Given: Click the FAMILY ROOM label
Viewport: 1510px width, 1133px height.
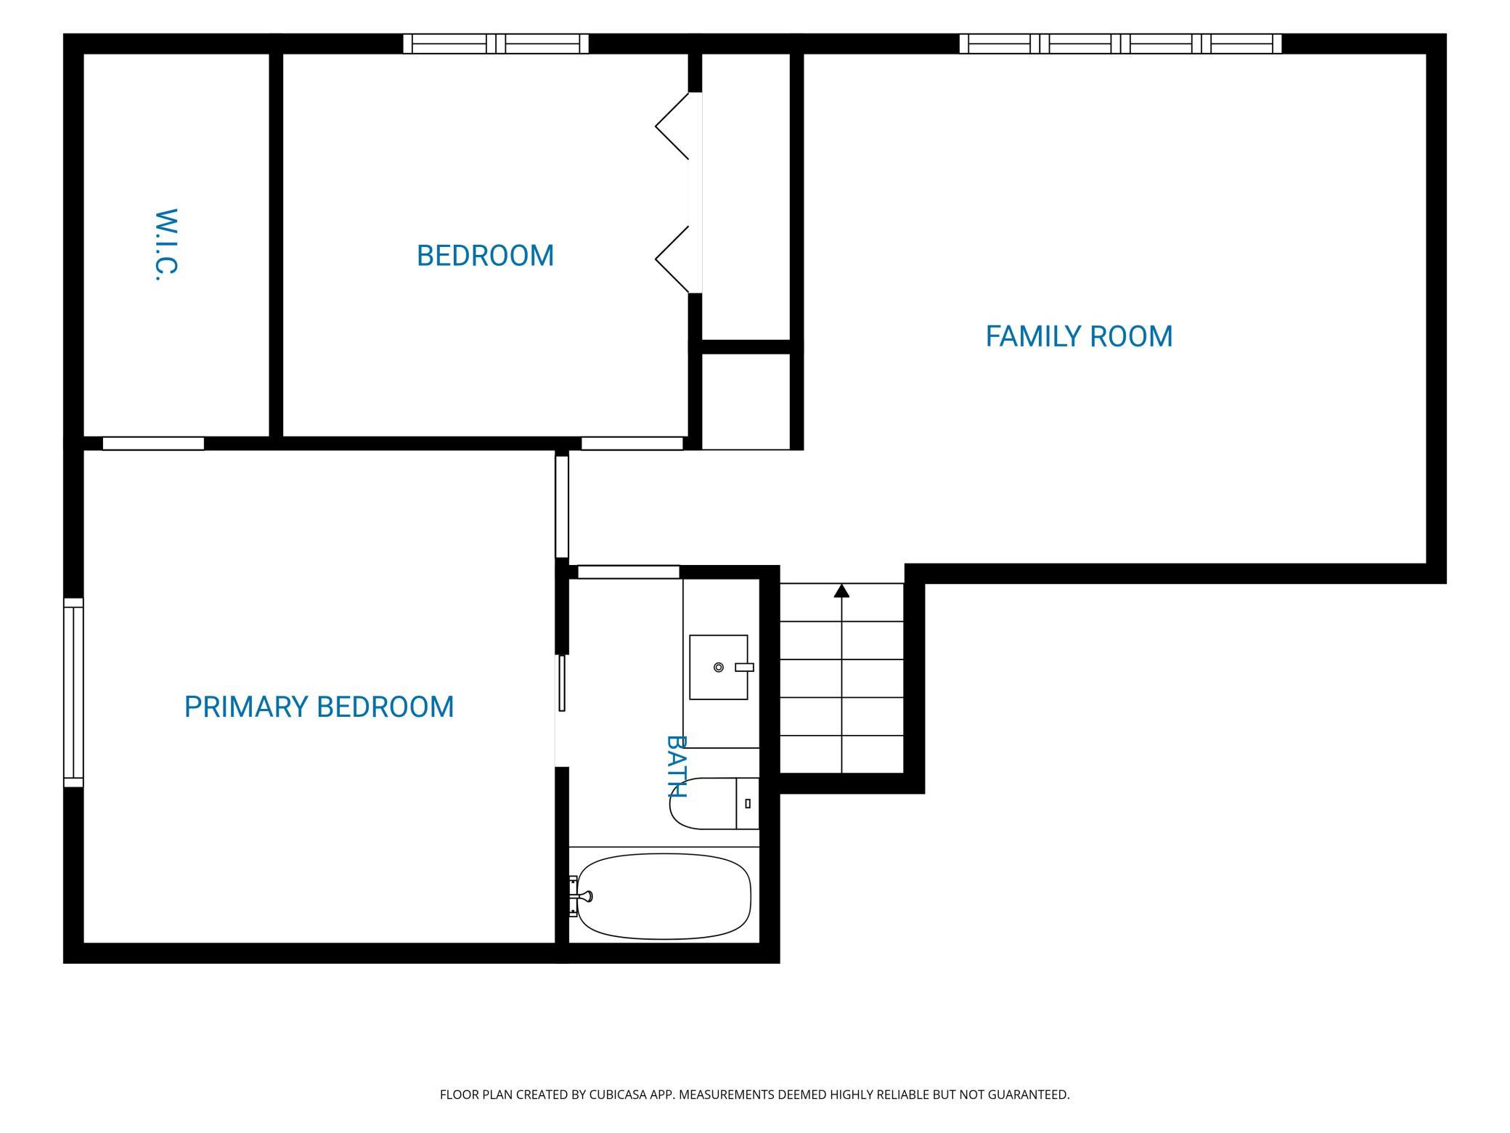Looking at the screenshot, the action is click(1079, 336).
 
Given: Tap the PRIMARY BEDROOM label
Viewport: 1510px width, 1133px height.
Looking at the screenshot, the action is click(319, 707).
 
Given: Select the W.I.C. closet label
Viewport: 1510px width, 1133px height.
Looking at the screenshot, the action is click(166, 245).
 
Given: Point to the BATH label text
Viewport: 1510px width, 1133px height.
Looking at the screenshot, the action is click(677, 766).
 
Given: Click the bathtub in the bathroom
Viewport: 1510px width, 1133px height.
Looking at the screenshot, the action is click(664, 896).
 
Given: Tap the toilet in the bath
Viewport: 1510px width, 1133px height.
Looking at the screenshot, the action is click(714, 803).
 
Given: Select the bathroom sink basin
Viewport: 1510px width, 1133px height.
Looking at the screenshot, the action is click(719, 667).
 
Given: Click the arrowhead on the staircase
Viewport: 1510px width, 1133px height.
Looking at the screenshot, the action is click(841, 591).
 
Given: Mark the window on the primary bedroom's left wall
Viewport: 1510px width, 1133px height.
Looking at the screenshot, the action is click(73, 693).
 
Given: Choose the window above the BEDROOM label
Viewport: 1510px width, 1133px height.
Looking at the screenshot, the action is click(496, 44).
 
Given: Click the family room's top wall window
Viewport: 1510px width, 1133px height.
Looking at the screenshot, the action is click(1120, 44).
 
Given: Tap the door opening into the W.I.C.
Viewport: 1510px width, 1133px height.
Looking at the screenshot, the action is click(153, 444).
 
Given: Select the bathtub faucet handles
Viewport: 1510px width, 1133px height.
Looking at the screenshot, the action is click(579, 896).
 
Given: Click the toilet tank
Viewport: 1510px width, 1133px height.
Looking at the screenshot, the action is click(748, 803).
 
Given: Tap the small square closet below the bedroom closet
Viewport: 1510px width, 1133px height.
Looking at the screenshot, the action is click(746, 402).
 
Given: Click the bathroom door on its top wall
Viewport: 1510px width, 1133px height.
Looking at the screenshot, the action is click(629, 572).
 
